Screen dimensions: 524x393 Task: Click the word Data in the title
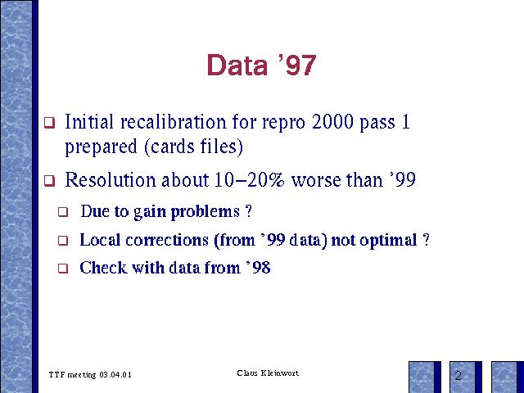(237, 65)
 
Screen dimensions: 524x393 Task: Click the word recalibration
(174, 122)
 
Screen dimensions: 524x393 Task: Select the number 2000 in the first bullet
(332, 122)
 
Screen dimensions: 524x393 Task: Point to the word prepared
(101, 147)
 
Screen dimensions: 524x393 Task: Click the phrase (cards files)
(193, 147)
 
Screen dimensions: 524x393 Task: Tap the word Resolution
(111, 180)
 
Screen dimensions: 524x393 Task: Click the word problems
(206, 212)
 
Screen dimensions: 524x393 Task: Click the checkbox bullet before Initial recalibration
(49, 123)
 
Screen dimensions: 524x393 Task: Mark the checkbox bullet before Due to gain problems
(63, 212)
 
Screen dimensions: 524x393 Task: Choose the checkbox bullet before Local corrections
(63, 241)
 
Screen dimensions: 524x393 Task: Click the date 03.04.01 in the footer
(115, 375)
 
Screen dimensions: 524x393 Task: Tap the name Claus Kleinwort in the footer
(268, 373)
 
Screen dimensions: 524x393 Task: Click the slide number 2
(458, 376)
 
